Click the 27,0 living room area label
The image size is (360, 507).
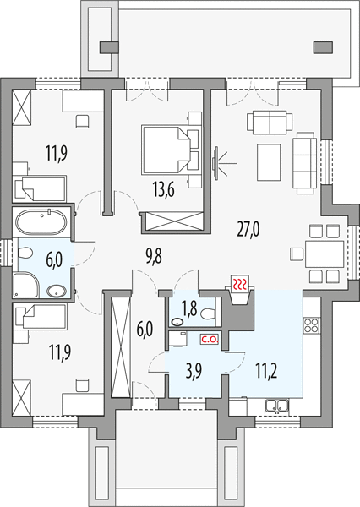tap(248, 229)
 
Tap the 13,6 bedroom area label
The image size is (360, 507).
tap(164, 189)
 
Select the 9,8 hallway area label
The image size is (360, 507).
tap(153, 258)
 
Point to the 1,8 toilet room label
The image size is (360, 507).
tap(189, 308)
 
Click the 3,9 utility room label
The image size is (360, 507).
tap(194, 371)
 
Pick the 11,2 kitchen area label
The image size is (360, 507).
tap(266, 371)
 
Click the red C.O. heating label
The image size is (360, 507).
tap(210, 340)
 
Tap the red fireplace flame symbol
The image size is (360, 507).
tap(240, 284)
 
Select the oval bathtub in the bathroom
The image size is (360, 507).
tap(41, 222)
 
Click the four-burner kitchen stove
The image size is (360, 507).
tap(311, 325)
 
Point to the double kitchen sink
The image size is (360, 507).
tap(276, 406)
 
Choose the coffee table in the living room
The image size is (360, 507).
tap(269, 162)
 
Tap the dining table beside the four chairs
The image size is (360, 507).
tap(325, 253)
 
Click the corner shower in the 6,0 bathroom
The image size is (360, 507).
tap(26, 286)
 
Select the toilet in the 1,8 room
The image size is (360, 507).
tap(208, 314)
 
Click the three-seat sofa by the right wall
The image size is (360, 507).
tap(304, 162)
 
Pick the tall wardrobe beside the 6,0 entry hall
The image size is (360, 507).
tap(121, 346)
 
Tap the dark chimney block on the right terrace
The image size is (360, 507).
tap(323, 47)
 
